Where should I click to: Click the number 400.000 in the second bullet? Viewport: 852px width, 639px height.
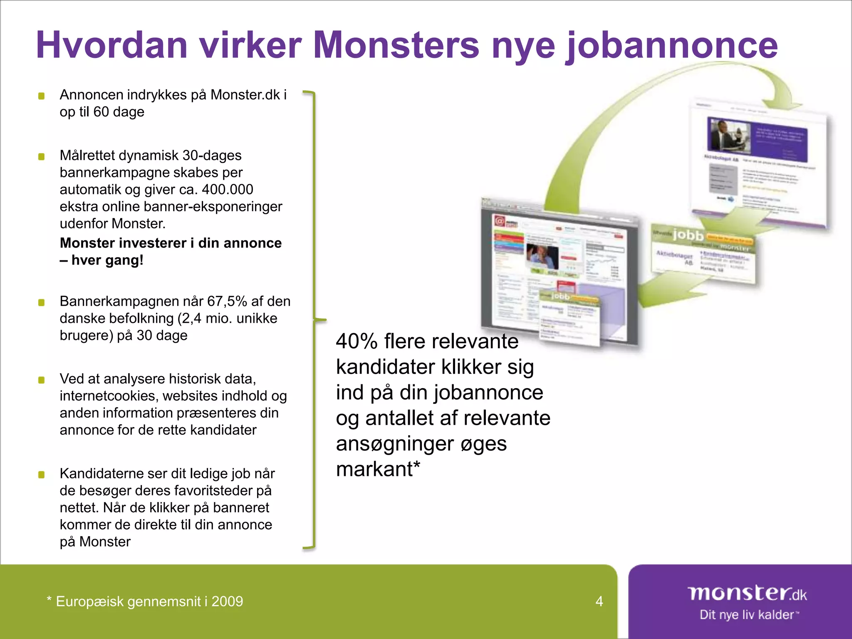click(227, 190)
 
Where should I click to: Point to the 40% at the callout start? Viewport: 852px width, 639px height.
click(357, 342)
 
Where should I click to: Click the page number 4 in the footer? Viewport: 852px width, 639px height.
click(599, 601)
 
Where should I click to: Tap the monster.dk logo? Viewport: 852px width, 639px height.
click(747, 593)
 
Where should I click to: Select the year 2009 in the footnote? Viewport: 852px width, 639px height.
click(227, 602)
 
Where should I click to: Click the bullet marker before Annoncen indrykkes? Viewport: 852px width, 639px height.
click(42, 96)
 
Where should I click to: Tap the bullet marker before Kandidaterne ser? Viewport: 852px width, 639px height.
click(42, 475)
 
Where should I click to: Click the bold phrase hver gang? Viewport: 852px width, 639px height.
click(107, 260)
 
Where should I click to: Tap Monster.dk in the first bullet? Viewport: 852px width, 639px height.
click(245, 95)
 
